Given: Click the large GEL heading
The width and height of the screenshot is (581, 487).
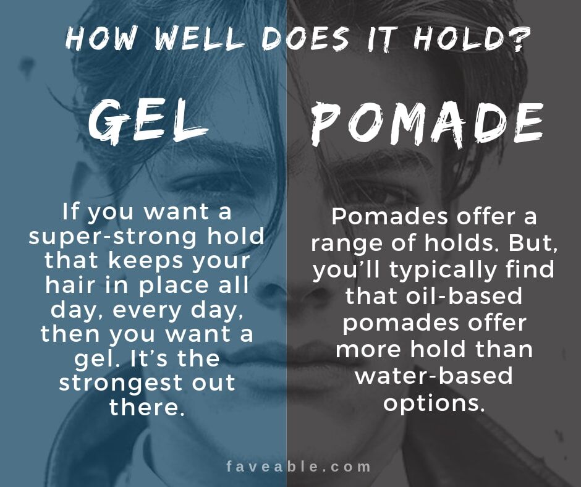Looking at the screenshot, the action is pos(148,122).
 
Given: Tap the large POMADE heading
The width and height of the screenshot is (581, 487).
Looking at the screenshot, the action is pos(427,124).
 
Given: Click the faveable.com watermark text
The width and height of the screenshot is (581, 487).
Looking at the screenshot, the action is pos(299,466).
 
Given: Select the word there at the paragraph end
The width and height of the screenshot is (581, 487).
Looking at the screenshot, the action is pos(146,407).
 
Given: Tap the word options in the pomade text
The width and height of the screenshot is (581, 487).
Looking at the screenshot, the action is pos(434,403).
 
